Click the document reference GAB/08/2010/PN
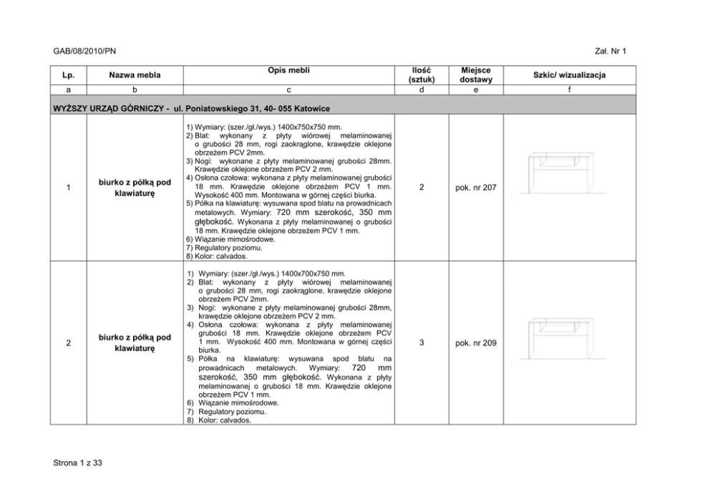point(84,52)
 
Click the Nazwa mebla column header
point(135,74)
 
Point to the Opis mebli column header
point(288,70)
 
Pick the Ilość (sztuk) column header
point(421,74)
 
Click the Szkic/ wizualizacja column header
point(568,74)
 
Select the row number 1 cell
point(67,188)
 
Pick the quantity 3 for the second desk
point(422,343)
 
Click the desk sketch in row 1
point(562,172)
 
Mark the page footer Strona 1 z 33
point(78,463)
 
